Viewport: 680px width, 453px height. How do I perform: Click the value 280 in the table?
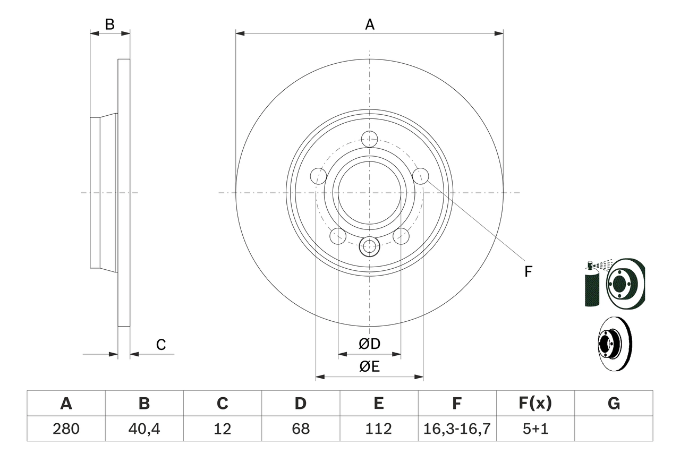point(66,429)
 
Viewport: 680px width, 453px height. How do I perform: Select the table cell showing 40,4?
point(144,429)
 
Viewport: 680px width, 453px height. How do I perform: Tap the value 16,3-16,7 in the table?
point(457,429)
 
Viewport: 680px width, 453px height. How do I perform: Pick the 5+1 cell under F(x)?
point(535,429)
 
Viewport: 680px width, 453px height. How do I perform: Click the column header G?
point(614,404)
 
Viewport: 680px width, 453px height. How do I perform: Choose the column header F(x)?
point(535,404)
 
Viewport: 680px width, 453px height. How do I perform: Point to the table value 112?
point(379,429)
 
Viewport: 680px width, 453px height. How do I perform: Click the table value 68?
point(301,429)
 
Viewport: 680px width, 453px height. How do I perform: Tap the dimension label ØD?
point(370,344)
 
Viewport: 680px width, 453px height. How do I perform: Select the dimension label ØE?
point(370,367)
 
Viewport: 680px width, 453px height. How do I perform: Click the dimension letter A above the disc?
point(370,24)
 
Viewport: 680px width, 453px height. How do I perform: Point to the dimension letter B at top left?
point(109,24)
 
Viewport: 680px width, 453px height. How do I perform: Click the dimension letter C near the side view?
point(161,345)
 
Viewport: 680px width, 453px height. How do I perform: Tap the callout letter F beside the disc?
point(528,272)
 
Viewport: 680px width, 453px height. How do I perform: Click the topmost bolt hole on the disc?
point(369,139)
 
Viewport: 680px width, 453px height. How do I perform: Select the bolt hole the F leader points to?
point(421,176)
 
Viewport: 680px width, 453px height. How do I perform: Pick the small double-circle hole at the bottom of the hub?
point(369,246)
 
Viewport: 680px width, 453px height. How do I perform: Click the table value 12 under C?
point(222,429)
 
